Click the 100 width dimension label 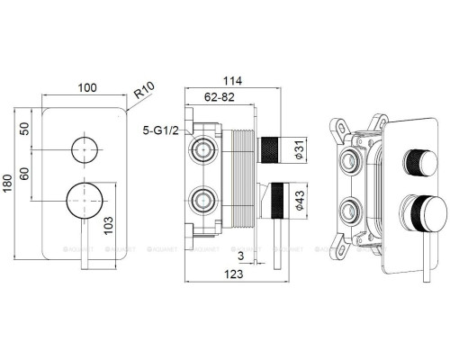[x=87, y=88]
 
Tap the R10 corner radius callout [x=144, y=90]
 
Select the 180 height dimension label [x=7, y=183]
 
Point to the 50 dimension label [x=25, y=129]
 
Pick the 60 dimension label [x=25, y=174]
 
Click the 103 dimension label [x=108, y=225]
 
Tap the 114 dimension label [x=232, y=81]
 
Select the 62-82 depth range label [x=220, y=97]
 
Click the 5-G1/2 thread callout [x=160, y=130]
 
